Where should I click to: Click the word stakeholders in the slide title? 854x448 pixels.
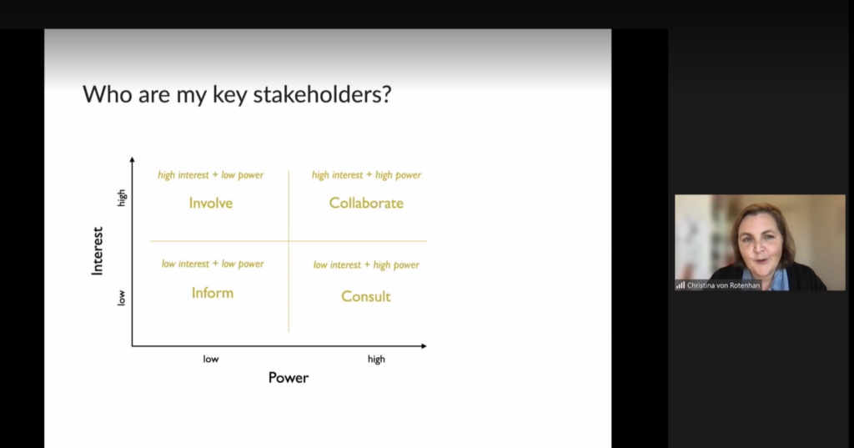322,94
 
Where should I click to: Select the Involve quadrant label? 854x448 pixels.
211,204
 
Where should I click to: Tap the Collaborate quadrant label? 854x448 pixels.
366,204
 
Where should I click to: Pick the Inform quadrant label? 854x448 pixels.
213,293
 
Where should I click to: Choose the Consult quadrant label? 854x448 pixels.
366,296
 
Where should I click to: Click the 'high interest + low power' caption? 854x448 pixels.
211,175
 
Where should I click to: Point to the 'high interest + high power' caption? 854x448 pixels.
367,175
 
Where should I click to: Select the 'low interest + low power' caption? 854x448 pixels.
213,264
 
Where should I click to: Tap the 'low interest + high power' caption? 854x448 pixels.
366,264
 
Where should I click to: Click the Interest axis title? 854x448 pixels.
97,251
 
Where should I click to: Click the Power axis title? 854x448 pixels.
288,378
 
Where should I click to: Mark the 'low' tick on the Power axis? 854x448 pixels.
211,360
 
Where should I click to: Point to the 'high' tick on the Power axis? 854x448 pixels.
376,360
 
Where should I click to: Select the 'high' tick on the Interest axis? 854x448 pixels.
122,198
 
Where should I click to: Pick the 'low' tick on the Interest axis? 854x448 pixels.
121,298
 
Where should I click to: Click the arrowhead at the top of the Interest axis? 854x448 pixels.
132,159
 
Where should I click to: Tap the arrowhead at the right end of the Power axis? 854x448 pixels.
424,346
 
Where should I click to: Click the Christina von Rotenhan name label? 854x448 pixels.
723,285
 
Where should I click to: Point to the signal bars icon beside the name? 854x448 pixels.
681,285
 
